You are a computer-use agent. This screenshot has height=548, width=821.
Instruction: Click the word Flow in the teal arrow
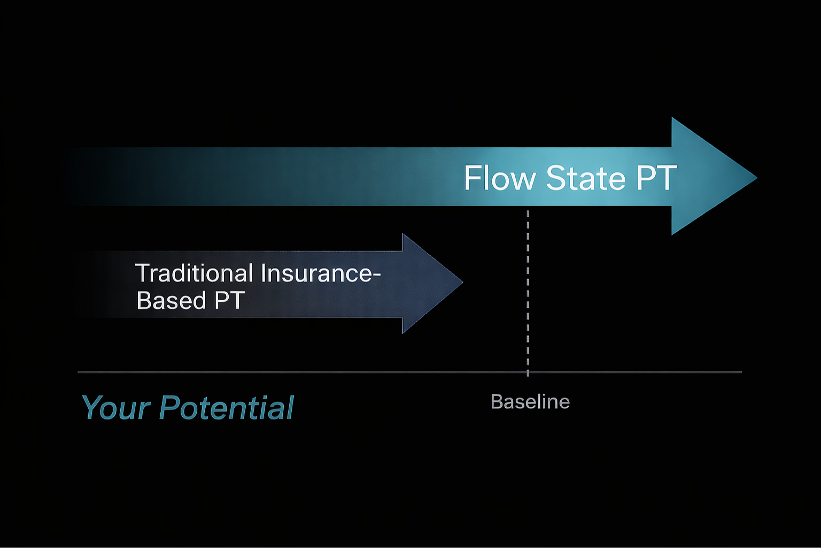pos(499,178)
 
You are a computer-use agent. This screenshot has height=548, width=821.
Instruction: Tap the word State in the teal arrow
pos(585,178)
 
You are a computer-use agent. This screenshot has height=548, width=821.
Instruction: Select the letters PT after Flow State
pos(656,178)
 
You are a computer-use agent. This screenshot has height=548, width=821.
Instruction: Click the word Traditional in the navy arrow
pos(194,273)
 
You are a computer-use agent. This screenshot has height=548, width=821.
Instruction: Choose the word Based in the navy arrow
pos(171,300)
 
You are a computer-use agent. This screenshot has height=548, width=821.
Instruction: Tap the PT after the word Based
pos(229,300)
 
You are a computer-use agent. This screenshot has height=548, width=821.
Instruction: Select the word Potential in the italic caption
pos(227,408)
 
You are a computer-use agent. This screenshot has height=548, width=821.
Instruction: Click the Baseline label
pos(530,401)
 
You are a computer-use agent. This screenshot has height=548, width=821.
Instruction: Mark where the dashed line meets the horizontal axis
pos(528,371)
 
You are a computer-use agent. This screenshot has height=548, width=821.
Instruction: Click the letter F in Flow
pos(471,178)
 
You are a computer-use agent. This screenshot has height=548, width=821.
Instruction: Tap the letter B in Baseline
pos(496,401)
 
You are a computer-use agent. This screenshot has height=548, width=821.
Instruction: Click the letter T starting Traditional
pos(142,273)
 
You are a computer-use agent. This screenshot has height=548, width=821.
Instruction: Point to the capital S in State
pos(556,178)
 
